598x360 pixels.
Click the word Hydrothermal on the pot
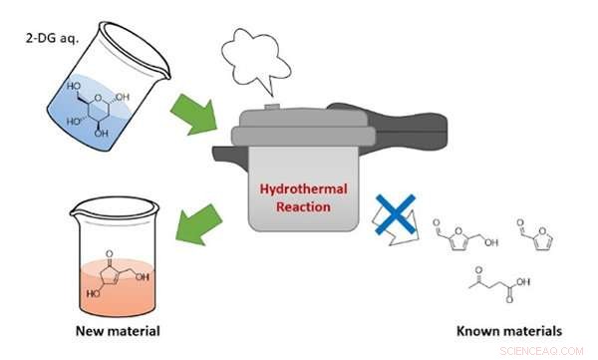pos(296,187)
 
